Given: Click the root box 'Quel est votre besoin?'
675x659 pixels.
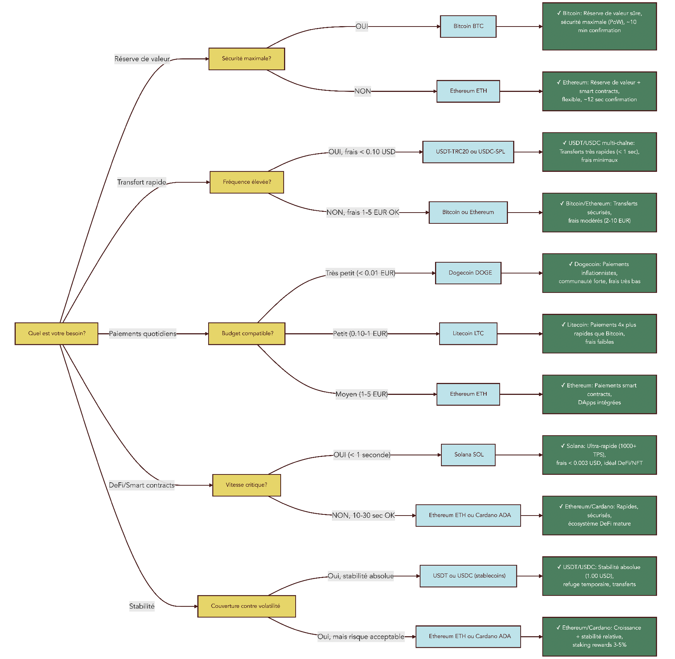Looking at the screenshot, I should pos(56,334).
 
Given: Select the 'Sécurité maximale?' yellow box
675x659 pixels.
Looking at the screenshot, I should pos(247,59).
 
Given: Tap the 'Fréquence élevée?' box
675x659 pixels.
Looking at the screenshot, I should pos(247,182).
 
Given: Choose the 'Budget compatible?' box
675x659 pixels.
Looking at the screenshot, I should pos(247,334).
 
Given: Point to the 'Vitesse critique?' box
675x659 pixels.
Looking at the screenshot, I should pos(246,485).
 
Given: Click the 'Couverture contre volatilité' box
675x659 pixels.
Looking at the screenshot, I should pos(246,606).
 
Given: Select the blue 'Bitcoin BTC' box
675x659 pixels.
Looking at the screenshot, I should pos(468,27).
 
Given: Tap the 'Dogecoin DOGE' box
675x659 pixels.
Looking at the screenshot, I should pos(468,273).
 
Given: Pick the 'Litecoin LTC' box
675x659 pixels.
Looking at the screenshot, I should pos(468,334).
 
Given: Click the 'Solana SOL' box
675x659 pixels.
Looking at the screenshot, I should pos(468,455).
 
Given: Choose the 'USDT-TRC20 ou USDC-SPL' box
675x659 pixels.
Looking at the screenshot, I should pos(468,152).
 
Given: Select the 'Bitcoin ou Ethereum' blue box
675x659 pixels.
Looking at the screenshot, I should pos(468,213).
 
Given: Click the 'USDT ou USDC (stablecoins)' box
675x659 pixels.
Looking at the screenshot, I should pos(468,576).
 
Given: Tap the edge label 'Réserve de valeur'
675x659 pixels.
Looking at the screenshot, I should pos(142,59).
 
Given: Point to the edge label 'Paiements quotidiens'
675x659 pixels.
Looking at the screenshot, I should pos(142,334).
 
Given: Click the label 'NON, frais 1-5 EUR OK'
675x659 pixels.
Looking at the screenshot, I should pos(363,213).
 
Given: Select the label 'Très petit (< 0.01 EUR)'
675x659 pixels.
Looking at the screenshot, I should pos(360,273).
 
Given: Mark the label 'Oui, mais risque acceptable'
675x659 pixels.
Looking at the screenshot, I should pos(361,637).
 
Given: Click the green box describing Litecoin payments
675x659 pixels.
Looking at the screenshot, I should pos(599,334).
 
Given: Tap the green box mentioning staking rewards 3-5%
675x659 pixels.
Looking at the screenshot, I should pos(599,637).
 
